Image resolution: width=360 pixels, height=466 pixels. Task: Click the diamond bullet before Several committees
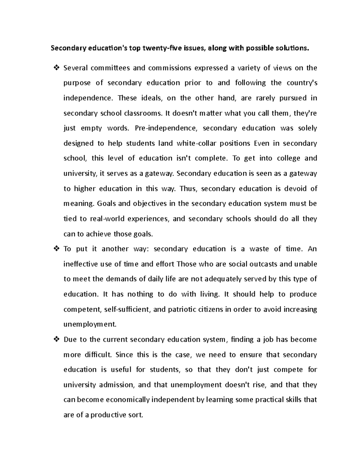click(56, 68)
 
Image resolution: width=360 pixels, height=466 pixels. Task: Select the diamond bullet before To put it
click(56, 249)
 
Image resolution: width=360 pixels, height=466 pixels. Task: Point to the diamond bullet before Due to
click(56, 339)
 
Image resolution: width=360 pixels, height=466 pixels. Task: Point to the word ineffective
click(81, 264)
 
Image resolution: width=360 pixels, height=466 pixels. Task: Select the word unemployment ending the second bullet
click(89, 324)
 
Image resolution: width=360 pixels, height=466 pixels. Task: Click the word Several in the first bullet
click(76, 68)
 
